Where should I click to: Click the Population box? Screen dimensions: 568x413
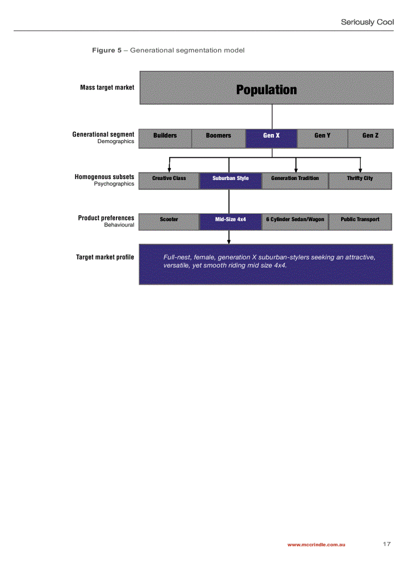(266, 88)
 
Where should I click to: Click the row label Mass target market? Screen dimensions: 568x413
(107, 88)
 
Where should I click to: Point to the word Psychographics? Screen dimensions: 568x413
(114, 184)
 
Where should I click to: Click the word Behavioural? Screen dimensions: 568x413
(119, 225)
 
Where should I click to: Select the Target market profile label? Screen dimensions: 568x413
(105, 257)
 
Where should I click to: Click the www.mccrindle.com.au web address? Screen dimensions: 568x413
(316, 545)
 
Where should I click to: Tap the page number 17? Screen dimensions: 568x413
(387, 544)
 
